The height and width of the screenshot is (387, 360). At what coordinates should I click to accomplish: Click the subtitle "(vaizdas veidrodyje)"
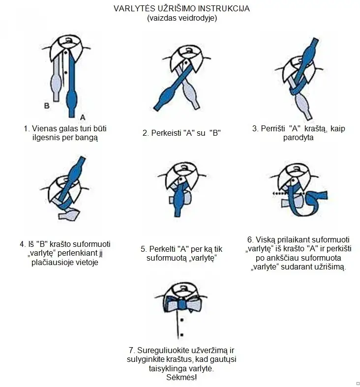click(x=181, y=19)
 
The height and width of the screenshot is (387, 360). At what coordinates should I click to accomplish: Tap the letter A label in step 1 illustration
click(x=82, y=117)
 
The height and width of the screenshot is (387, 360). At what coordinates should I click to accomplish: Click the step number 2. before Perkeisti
click(x=146, y=132)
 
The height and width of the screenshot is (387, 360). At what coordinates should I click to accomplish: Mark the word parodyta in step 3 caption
click(x=298, y=138)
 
